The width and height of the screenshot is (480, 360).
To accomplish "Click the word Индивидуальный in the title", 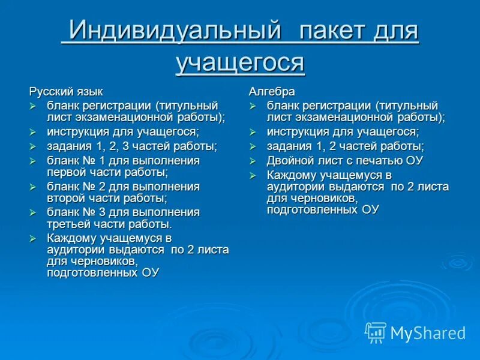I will click(174, 31).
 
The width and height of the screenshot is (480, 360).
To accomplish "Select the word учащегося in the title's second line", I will click(240, 62).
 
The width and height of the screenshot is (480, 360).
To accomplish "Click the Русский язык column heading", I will click(66, 92).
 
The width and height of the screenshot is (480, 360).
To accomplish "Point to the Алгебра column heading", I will click(272, 92).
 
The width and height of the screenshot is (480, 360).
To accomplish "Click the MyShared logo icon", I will click(376, 332).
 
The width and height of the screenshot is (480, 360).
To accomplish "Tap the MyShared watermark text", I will click(428, 333).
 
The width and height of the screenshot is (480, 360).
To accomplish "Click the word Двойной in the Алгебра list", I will click(289, 160).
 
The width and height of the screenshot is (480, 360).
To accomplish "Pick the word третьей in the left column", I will click(68, 224).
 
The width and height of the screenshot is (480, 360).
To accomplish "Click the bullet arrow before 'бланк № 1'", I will click(34, 161).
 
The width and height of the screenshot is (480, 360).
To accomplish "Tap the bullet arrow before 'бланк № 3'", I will click(34, 212).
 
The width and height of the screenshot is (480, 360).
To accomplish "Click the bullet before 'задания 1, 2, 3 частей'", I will click(34, 146).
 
